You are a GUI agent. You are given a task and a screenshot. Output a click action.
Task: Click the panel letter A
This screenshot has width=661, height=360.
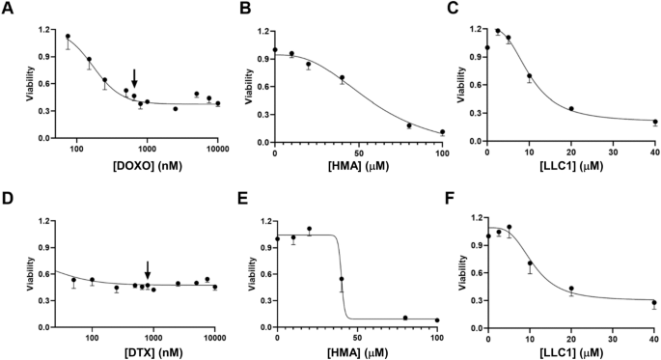[x=7, y=9]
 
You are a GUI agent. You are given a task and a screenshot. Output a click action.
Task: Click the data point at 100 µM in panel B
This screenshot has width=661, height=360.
[x=443, y=132]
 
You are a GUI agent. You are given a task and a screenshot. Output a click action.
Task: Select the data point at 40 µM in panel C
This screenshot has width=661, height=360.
[x=654, y=122]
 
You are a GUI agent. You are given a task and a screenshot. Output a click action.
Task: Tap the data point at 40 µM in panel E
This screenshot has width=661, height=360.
[x=342, y=279]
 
